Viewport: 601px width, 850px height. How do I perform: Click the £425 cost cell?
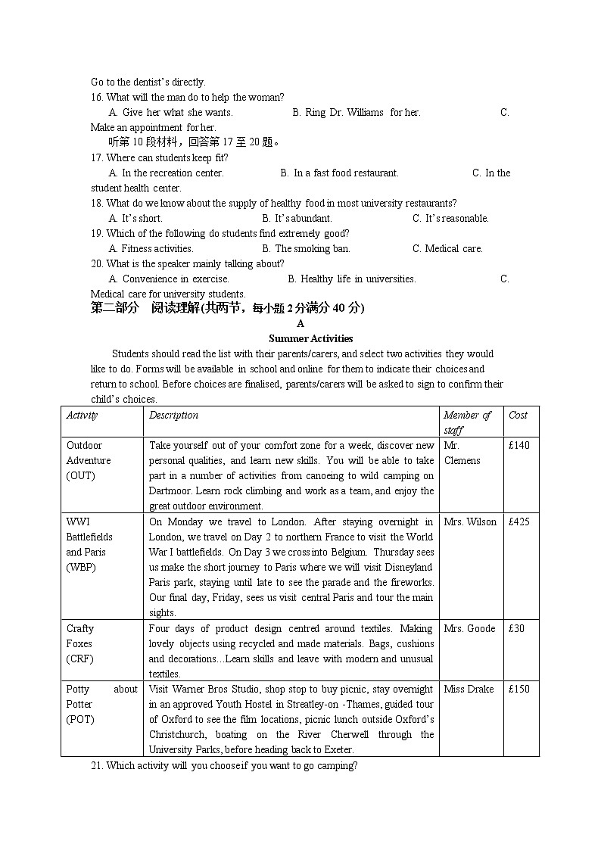point(518,522)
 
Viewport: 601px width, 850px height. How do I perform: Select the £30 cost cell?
point(516,628)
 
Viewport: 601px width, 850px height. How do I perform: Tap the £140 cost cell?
point(518,445)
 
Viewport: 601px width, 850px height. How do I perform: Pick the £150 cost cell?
point(518,689)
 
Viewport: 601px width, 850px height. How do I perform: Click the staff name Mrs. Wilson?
point(470,522)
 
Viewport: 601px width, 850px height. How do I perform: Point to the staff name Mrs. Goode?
point(469,628)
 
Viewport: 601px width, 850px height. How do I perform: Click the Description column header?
point(173,415)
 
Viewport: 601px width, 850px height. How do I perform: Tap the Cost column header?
point(518,415)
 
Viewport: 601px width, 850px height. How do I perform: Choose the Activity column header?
point(82,415)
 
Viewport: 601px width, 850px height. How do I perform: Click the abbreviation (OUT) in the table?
point(81,475)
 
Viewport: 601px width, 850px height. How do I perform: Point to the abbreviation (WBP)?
point(81,567)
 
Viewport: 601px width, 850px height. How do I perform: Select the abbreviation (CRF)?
point(80,659)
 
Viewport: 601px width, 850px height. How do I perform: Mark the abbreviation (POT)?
point(80,719)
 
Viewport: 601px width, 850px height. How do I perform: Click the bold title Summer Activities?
point(300,338)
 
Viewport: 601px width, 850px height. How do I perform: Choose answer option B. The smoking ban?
point(306,248)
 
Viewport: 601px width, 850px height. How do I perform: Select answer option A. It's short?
point(135,218)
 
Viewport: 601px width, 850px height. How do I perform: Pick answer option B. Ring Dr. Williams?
point(356,112)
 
